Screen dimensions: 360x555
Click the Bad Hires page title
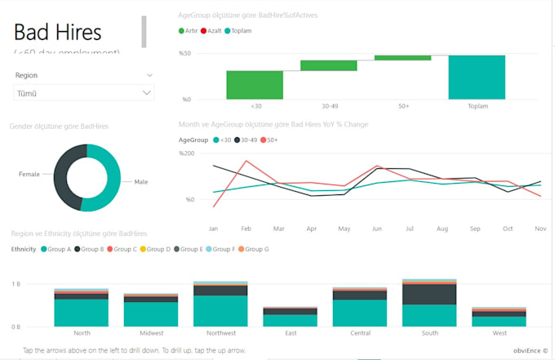[x=58, y=33]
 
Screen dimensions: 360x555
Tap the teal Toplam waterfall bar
[x=476, y=78]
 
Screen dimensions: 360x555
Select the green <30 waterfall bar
[x=255, y=85]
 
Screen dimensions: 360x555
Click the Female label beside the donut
[x=30, y=175]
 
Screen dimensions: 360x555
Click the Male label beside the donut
[x=141, y=181]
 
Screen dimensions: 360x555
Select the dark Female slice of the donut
[x=64, y=178]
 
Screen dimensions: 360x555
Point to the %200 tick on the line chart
[x=187, y=153]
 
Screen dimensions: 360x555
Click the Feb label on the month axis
[x=246, y=229]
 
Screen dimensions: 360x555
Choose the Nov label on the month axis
[x=539, y=229]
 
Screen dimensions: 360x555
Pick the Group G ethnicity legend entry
[x=254, y=249]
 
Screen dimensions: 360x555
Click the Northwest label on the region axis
[x=221, y=333]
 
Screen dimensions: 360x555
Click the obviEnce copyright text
[x=531, y=350]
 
